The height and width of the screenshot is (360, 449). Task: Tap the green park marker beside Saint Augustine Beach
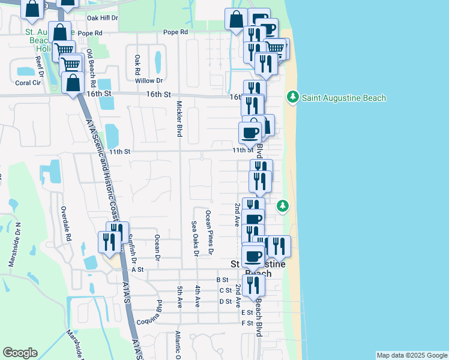(292, 97)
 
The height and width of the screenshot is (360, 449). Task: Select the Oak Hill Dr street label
(103, 19)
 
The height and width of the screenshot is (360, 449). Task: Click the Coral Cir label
(27, 83)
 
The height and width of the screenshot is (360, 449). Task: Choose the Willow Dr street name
(149, 80)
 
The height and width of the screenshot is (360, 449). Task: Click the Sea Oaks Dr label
(194, 238)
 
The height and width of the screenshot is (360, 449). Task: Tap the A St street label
(137, 270)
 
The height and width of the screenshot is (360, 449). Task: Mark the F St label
(247, 323)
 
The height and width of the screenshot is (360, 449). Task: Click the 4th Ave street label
(197, 296)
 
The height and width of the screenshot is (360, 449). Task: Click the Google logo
(20, 353)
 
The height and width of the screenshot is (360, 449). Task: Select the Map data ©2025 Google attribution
(412, 355)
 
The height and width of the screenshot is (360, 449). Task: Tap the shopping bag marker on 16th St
(73, 83)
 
